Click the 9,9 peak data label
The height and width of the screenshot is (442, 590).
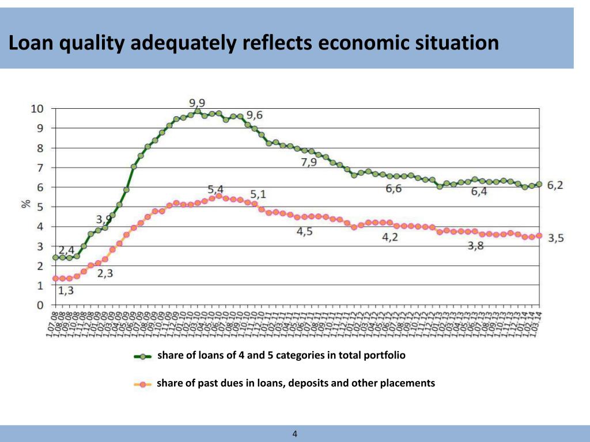[197, 103]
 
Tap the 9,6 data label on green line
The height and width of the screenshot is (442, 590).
[255, 115]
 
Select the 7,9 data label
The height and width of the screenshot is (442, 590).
[309, 162]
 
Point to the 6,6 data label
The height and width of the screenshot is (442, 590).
[394, 189]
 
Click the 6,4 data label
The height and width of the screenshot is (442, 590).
[479, 192]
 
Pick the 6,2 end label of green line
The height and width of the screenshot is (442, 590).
[555, 185]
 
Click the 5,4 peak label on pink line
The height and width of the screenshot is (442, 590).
[216, 188]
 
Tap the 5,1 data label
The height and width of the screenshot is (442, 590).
[258, 194]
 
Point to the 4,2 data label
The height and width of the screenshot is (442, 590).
[390, 237]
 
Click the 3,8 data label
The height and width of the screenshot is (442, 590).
[475, 246]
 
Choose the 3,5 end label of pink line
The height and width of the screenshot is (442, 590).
[555, 238]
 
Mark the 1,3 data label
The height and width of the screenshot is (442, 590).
[66, 291]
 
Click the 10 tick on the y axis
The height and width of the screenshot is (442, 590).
[37, 109]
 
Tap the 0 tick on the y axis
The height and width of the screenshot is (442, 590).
[40, 305]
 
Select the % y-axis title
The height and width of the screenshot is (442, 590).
[26, 204]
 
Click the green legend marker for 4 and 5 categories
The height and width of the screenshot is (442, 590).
[143, 356]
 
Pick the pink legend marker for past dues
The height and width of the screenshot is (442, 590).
[143, 384]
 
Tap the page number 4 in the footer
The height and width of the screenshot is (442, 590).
[295, 433]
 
